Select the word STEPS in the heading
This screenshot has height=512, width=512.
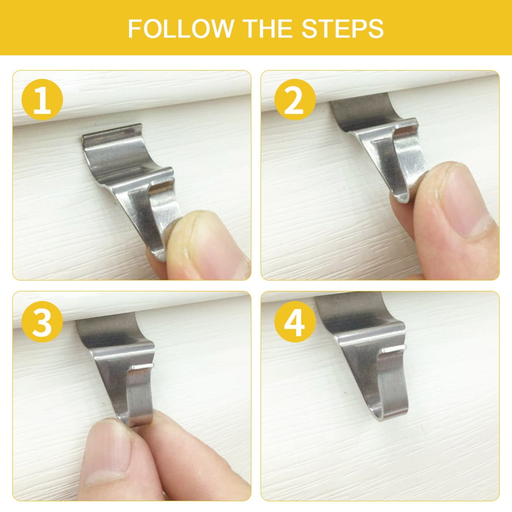(x=342, y=29)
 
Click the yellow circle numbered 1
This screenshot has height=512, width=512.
(x=42, y=100)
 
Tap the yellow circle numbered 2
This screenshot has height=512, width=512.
(x=295, y=100)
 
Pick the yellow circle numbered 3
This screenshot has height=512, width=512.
(x=42, y=322)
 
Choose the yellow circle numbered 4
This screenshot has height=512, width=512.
(x=295, y=322)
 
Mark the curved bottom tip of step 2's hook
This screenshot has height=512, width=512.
(x=401, y=197)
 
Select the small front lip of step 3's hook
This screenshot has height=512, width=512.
(x=142, y=367)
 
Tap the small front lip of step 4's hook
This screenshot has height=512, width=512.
(x=394, y=349)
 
